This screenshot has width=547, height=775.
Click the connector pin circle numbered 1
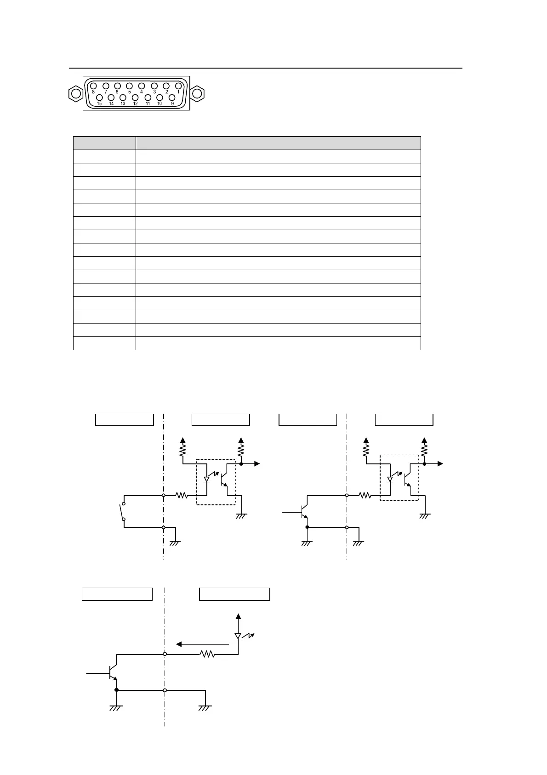click(178, 86)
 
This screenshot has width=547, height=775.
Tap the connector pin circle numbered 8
click(93, 86)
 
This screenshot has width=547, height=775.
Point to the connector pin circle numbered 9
click(172, 98)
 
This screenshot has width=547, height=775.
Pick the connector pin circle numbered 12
click(135, 98)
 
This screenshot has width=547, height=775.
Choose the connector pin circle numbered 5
click(129, 86)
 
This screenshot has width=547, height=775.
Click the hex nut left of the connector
click(75, 93)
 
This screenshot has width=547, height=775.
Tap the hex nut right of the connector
click(197, 93)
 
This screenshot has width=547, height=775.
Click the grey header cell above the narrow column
click(104, 143)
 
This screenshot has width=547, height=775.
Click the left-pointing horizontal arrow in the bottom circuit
click(202, 644)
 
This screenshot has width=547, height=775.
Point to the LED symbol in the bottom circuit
click(238, 636)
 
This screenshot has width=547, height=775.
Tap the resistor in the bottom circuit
click(208, 654)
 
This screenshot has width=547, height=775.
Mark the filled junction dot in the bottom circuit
click(117, 690)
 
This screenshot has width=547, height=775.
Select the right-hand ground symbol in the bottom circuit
click(205, 708)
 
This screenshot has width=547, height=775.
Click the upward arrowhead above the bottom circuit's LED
click(238, 616)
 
